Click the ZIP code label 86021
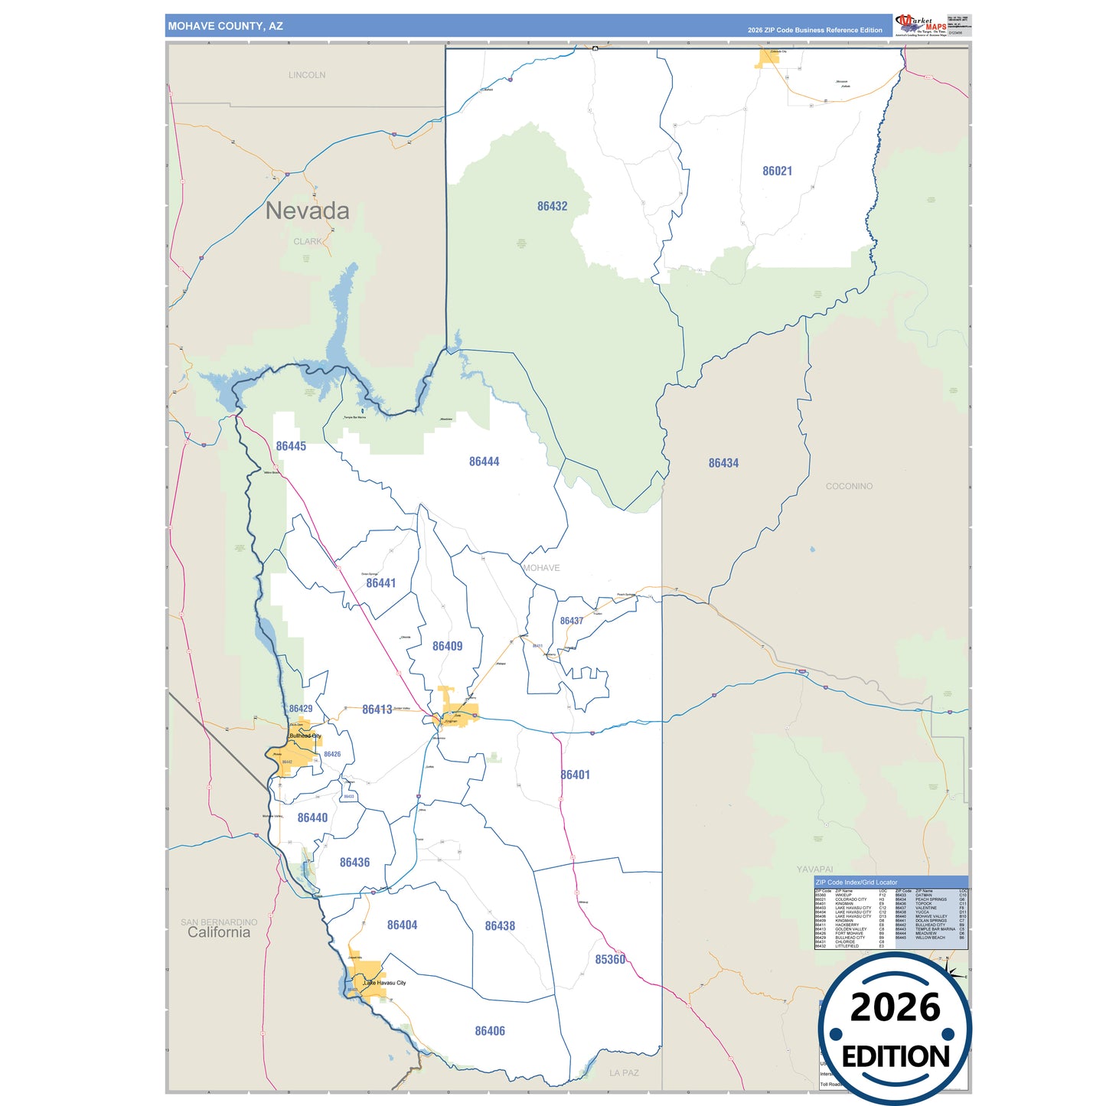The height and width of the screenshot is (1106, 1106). pos(777,171)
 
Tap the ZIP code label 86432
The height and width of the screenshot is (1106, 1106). pos(552,207)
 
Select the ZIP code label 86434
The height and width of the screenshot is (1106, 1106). pos(723,463)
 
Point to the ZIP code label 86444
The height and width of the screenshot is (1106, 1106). pos(484,462)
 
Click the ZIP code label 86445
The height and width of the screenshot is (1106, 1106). pos(291,446)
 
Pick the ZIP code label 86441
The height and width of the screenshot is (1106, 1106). pos(380,583)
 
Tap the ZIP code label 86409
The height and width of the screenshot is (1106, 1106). pos(447,646)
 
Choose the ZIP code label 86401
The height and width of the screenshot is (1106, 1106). pos(575,775)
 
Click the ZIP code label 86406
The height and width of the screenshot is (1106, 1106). pos(490,1031)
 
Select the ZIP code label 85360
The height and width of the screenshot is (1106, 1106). pos(610,960)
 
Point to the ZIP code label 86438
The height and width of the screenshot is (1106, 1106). pos(500,926)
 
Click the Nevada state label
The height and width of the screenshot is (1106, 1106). pos(307,211)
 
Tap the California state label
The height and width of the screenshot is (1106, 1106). pos(219,932)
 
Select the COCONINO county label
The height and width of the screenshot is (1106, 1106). pos(849,486)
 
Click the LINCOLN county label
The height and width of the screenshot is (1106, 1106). pos(307,75)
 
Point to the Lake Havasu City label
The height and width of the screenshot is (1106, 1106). pos(384,983)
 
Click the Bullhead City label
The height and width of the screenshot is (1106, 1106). pos(305,736)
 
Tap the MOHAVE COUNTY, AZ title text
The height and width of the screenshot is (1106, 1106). pos(225,26)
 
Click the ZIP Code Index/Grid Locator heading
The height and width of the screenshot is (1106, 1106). pos(856,883)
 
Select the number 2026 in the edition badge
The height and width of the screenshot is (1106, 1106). pos(895,1007)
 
